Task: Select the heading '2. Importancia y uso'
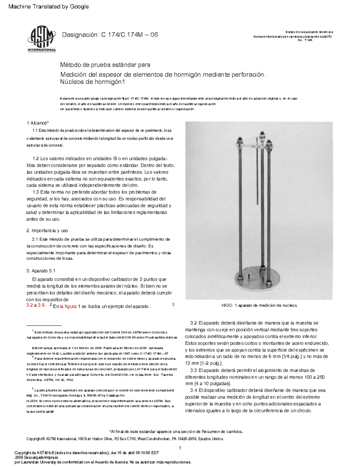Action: tap(47, 230)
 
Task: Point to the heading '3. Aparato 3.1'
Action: tap(41, 271)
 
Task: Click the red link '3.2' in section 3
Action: tap(29, 305)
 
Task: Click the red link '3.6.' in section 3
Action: tap(42, 305)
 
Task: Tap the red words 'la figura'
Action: tap(68, 306)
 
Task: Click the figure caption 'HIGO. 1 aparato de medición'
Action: tap(259, 305)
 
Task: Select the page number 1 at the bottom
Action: tap(180, 448)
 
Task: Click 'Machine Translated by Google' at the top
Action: tap(49, 7)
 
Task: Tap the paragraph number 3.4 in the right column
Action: tap(193, 390)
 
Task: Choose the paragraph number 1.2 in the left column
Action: tap(36, 158)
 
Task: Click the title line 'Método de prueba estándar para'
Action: tap(105, 65)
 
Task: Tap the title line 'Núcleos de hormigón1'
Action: tap(92, 82)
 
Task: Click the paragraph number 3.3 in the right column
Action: tap(193, 370)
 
